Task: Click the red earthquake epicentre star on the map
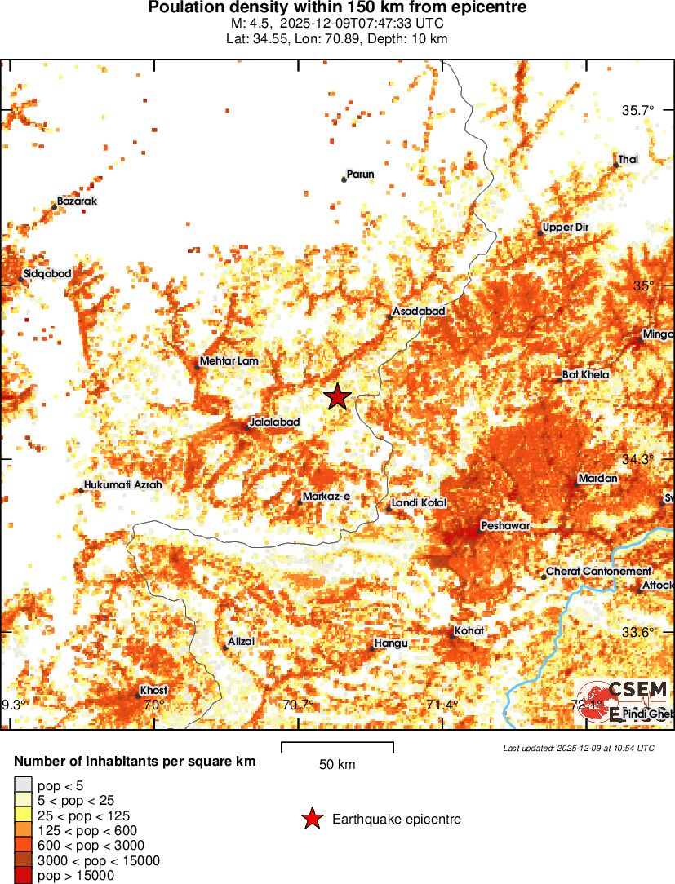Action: pos(337,397)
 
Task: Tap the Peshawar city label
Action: pos(506,526)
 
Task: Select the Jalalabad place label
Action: pos(275,422)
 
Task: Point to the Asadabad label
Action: pos(418,312)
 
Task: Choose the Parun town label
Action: pos(360,174)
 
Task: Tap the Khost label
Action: pos(153,690)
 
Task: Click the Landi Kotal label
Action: pos(419,503)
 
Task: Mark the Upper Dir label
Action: pos(565,228)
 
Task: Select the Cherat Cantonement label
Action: pos(598,572)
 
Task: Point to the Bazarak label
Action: pos(77,201)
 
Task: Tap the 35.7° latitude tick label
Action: pos(638,110)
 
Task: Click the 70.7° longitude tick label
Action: pos(298,705)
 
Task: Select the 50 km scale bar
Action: pos(337,746)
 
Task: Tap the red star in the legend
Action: pos(311,819)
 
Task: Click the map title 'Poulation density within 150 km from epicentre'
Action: pos(337,8)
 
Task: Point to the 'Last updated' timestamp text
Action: pos(578,748)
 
